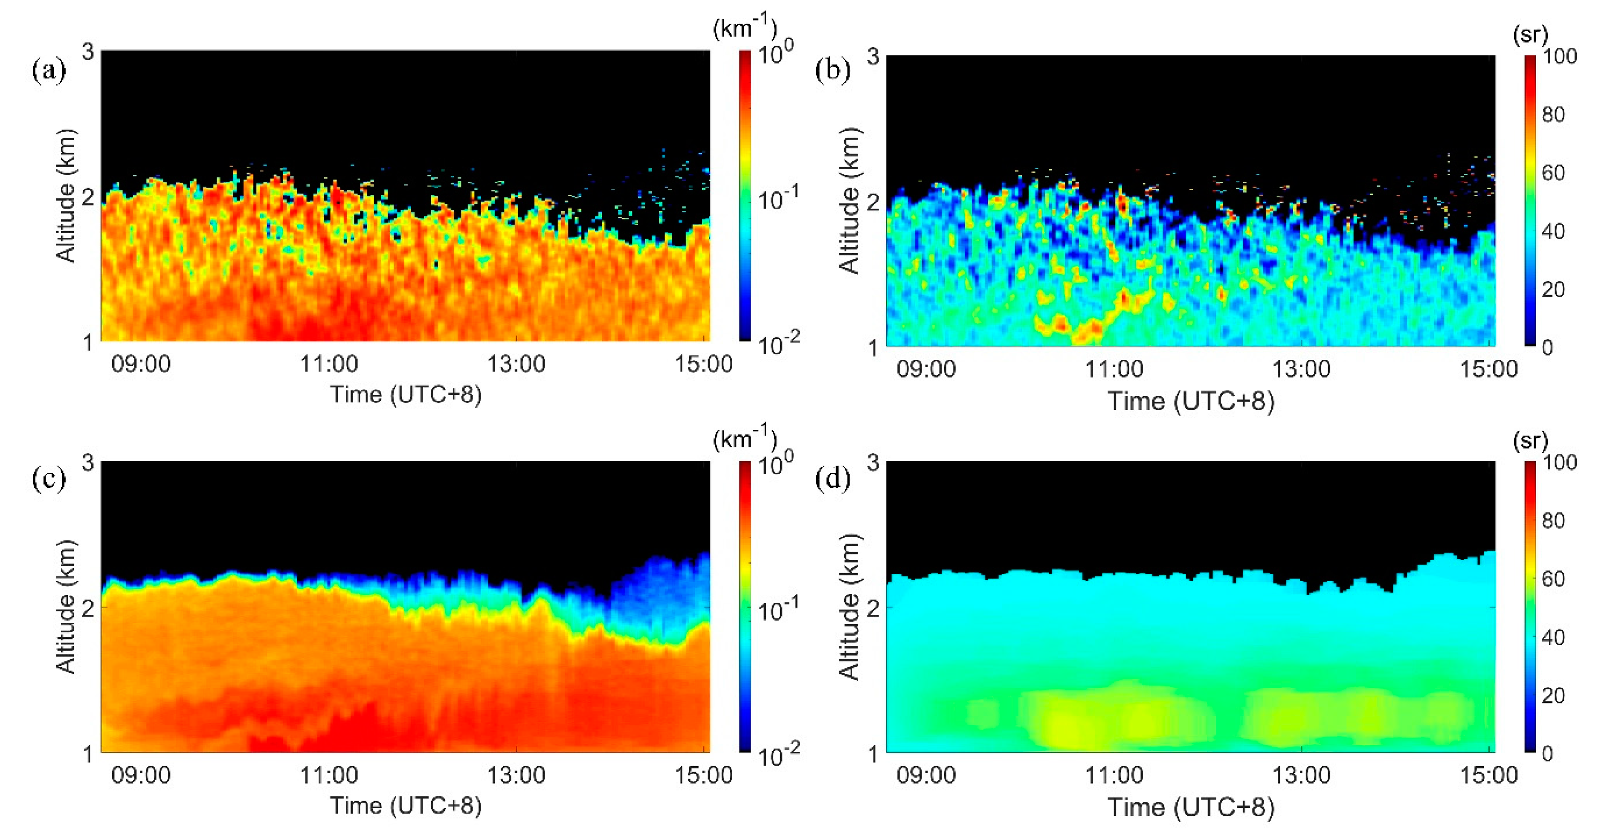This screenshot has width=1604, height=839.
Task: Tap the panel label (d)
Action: [832, 479]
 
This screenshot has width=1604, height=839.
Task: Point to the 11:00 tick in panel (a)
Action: [329, 364]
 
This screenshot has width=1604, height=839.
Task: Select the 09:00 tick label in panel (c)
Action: [141, 775]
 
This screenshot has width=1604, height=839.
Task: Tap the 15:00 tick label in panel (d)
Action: [1489, 775]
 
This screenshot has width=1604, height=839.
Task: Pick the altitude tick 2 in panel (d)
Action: [873, 608]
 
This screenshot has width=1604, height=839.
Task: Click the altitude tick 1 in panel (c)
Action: [88, 754]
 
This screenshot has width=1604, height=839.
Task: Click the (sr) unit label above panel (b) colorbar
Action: [1530, 35]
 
